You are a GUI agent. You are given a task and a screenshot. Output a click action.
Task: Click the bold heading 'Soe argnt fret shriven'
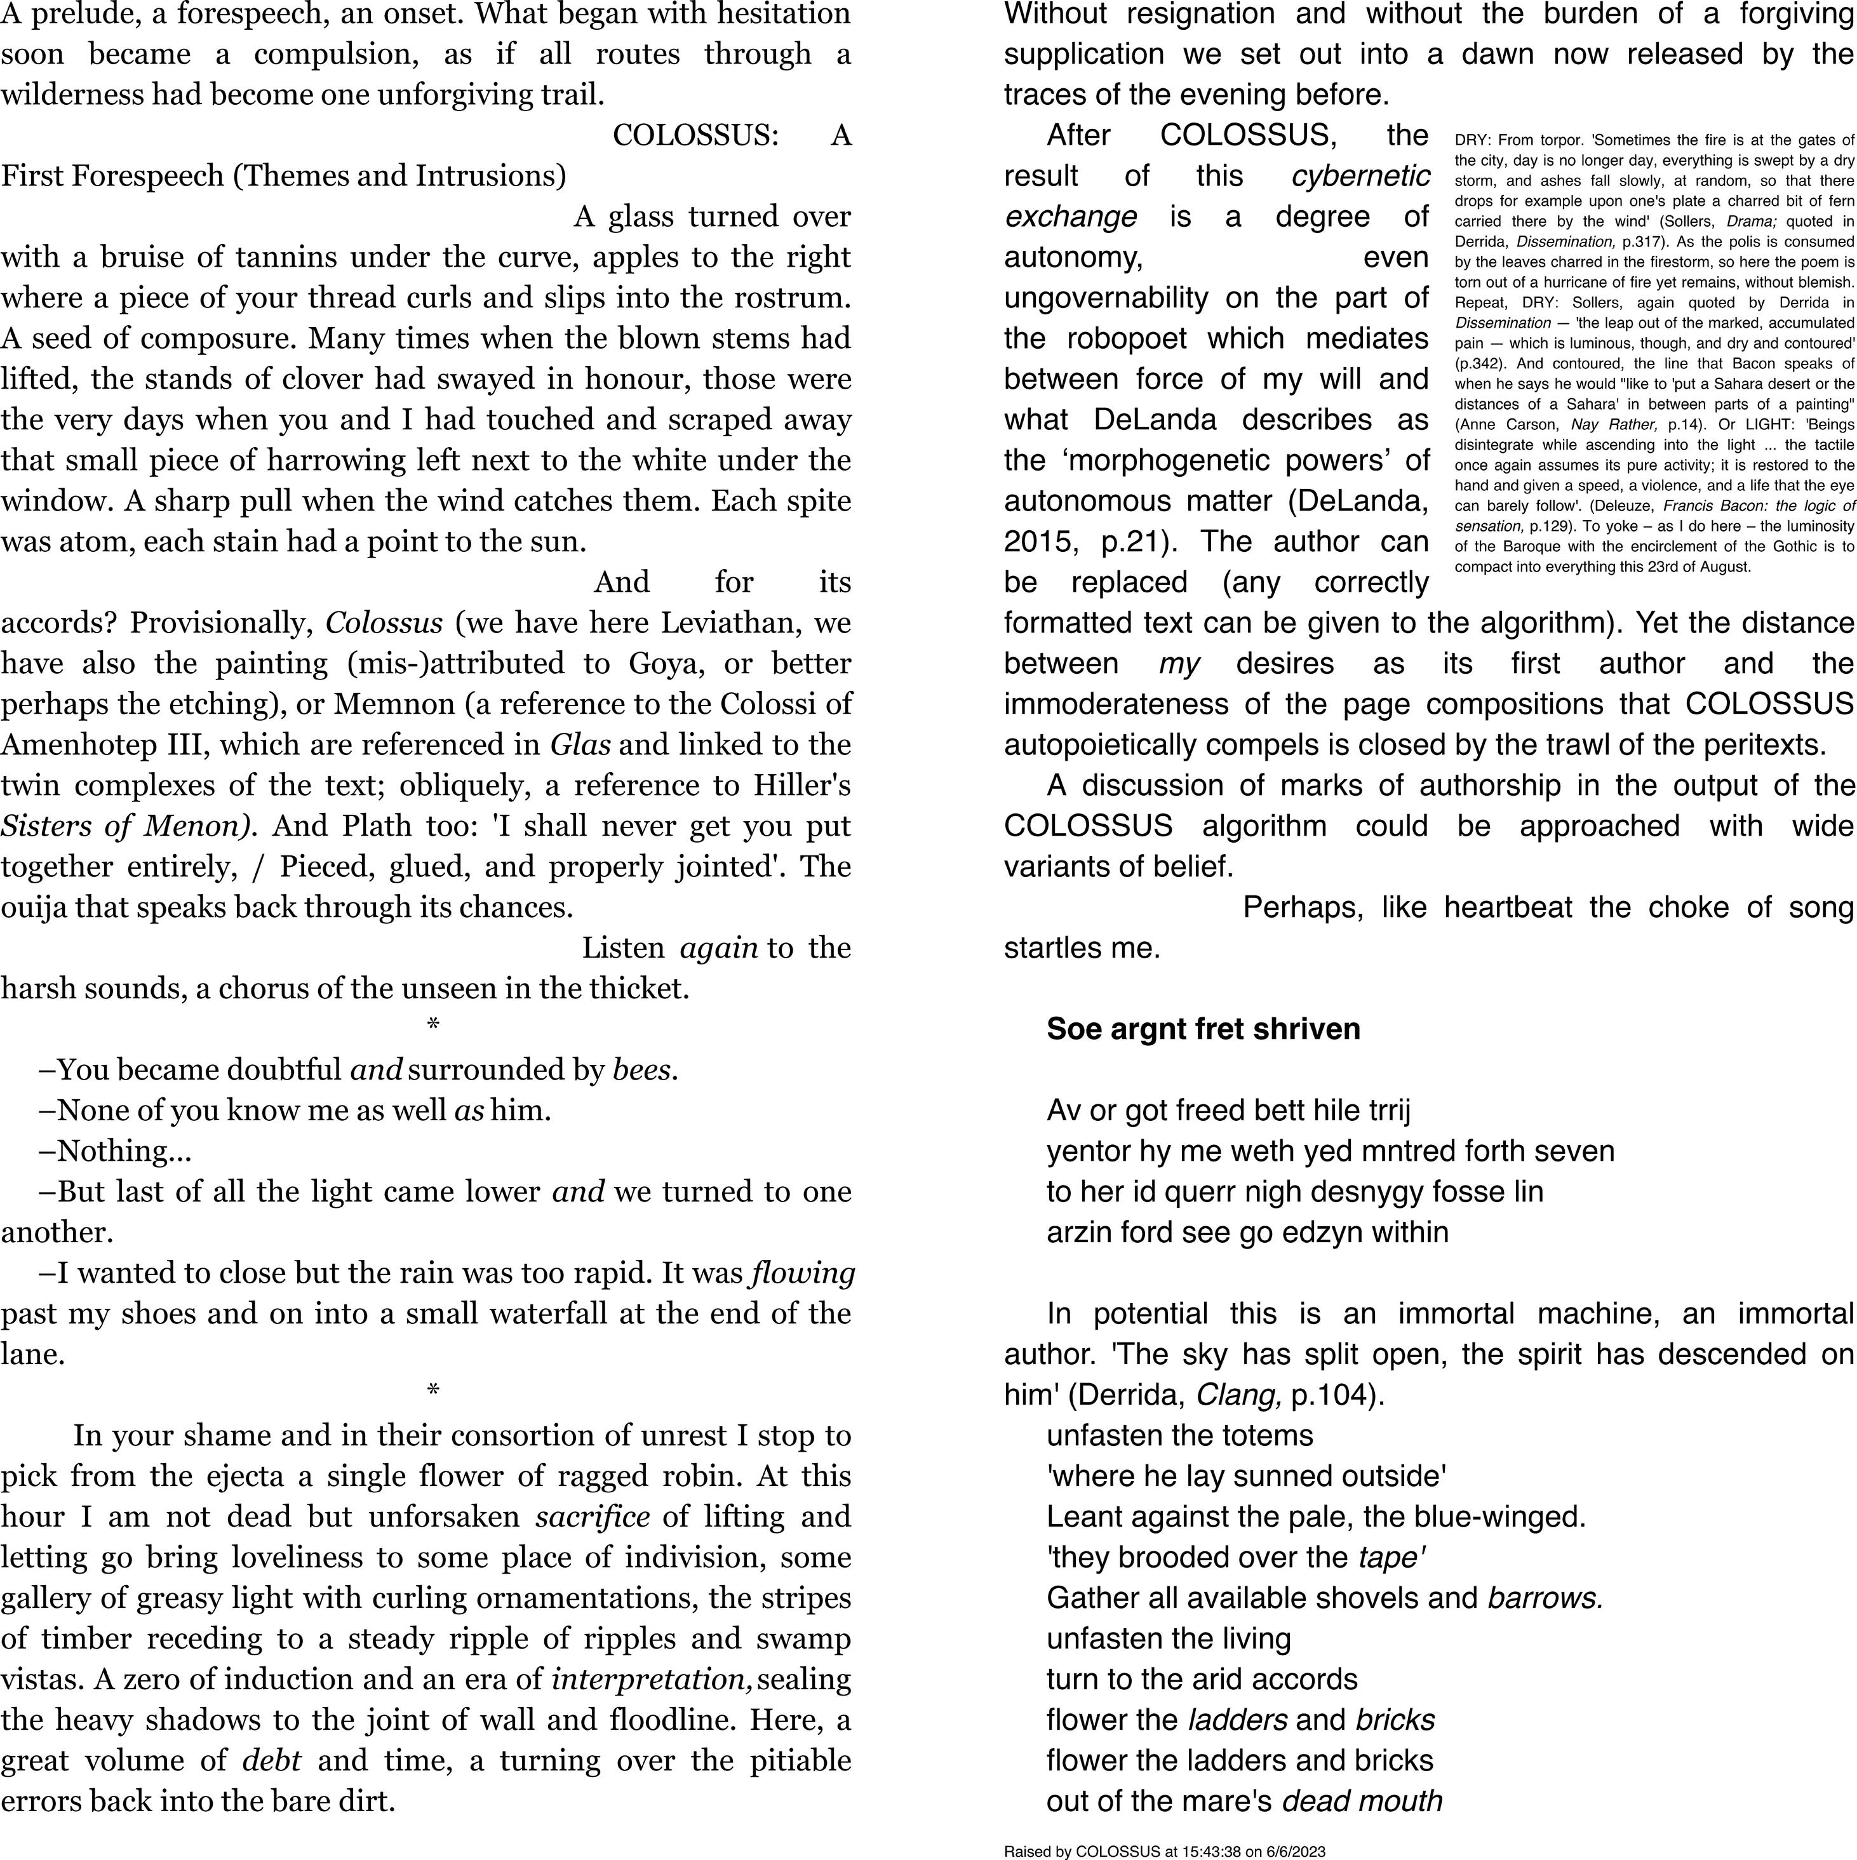(x=1203, y=1029)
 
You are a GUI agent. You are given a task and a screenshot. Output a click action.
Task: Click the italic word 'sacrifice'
(x=592, y=1516)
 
